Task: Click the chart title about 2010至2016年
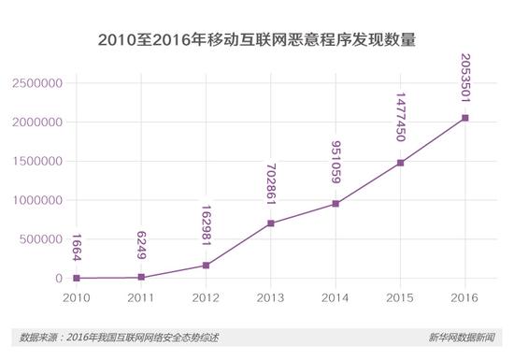click(256, 41)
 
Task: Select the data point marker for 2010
click(77, 278)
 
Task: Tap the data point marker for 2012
click(206, 266)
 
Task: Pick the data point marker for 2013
click(270, 223)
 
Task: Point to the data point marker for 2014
click(335, 204)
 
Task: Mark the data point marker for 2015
click(399, 163)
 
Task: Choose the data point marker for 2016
click(464, 118)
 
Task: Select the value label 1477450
click(400, 119)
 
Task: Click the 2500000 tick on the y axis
click(37, 83)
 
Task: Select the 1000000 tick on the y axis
click(37, 200)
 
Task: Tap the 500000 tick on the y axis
click(41, 239)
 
